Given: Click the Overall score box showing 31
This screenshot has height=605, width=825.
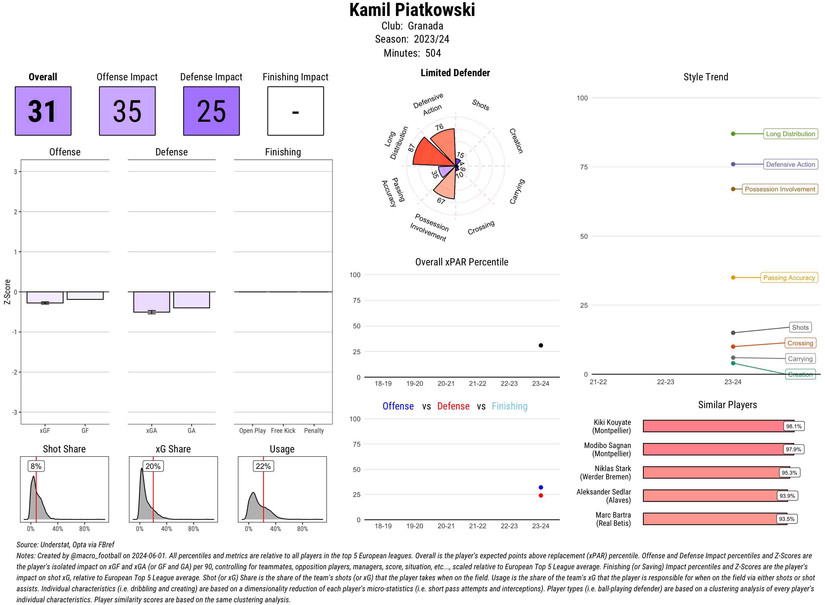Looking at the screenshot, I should coord(43,111).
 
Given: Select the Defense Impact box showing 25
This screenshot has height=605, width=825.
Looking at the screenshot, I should coord(211,111).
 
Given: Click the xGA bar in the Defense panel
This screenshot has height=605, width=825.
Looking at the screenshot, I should coord(152,302).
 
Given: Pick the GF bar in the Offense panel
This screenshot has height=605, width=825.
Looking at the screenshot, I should coord(85,296).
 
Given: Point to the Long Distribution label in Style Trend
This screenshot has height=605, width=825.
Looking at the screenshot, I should coord(790,134).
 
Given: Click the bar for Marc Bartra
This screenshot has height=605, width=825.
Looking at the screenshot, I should coord(714,519).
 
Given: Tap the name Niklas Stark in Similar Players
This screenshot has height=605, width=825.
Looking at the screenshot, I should coord(613,468).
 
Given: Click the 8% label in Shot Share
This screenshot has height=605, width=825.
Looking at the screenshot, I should coord(36,466).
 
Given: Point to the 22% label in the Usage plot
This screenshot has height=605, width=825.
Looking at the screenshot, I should coord(263,466).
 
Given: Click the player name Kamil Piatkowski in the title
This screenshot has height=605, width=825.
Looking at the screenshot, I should coord(412,10).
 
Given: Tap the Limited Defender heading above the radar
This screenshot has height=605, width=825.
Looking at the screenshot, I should coord(455,73).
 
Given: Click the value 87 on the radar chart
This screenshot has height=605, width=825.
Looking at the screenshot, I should coord(411,148).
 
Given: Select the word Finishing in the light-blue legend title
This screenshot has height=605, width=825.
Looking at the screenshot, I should coord(509,406).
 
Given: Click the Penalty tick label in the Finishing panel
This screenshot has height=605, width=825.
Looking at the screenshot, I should coord(314,431).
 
